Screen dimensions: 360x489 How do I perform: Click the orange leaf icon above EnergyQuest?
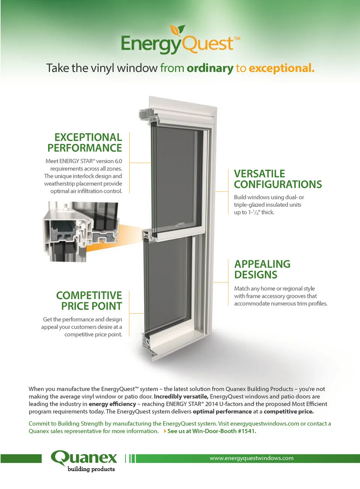tap(175, 30)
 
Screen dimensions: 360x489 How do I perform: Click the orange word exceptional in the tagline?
tap(282, 68)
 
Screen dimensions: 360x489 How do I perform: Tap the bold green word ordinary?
tap(210, 69)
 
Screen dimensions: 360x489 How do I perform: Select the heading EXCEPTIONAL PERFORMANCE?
tap(85, 142)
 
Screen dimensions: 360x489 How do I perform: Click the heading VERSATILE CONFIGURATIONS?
tap(278, 179)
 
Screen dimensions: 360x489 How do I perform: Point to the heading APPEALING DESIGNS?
tap(262, 269)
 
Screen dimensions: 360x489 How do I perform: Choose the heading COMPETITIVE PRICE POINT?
tap(89, 301)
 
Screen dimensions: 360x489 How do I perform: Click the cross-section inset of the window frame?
tap(81, 232)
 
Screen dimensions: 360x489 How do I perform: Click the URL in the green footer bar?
tap(252, 458)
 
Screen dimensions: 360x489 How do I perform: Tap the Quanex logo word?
tap(84, 458)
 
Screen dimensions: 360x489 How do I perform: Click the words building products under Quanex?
tap(91, 469)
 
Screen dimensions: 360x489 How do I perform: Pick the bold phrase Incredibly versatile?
tap(181, 396)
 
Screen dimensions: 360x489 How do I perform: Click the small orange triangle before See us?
tap(165, 431)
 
